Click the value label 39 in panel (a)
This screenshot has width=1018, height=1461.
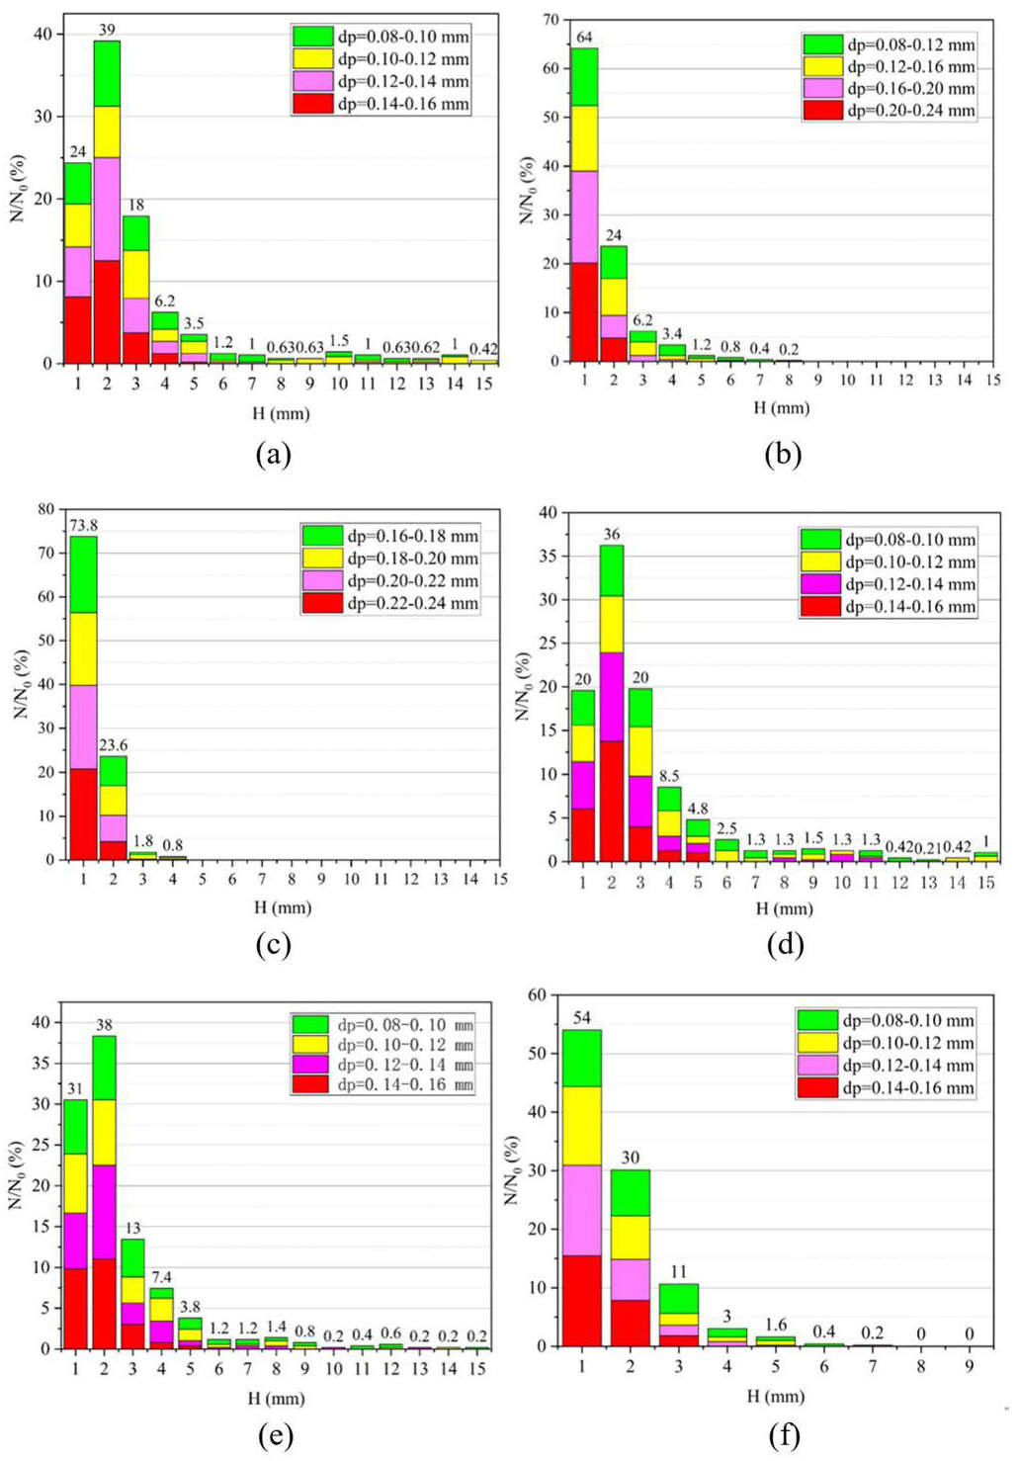pyautogui.click(x=106, y=30)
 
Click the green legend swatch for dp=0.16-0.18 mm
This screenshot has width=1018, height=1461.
pyautogui.click(x=321, y=536)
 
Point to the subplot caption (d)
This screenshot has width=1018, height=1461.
pyautogui.click(x=784, y=944)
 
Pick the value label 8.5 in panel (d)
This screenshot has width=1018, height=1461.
pyautogui.click(x=669, y=776)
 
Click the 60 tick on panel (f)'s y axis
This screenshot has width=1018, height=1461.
pyautogui.click(x=537, y=994)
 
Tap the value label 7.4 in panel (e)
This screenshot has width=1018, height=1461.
pyautogui.click(x=161, y=1277)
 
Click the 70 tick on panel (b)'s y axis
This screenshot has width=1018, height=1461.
pyautogui.click(x=551, y=19)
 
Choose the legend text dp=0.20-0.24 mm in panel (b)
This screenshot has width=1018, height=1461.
pyautogui.click(x=910, y=111)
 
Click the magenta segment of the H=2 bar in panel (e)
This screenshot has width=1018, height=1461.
pyautogui.click(x=104, y=1212)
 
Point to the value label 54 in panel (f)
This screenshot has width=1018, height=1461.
pyautogui.click(x=581, y=1018)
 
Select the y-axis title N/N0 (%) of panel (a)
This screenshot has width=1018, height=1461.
pyautogui.click(x=18, y=188)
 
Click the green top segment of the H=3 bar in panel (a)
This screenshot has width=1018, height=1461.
pyautogui.click(x=135, y=233)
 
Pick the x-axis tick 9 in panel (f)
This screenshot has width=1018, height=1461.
pyautogui.click(x=969, y=1366)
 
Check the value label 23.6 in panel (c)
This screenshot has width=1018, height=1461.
pyautogui.click(x=113, y=745)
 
